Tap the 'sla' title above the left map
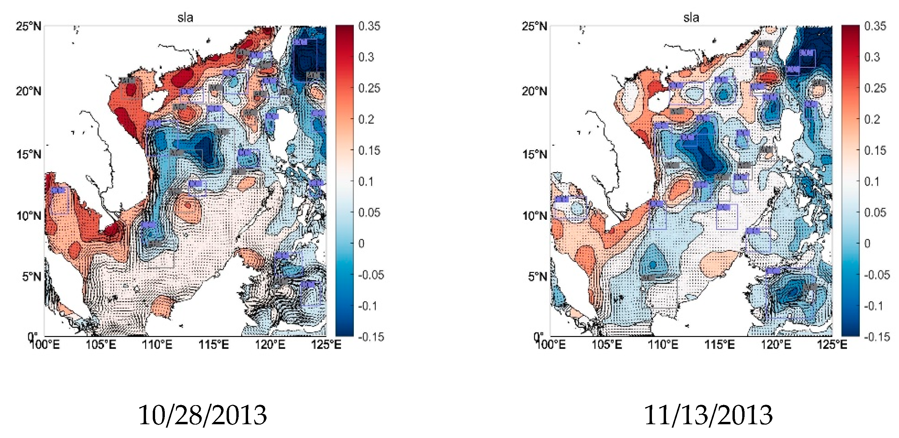(x=185, y=17)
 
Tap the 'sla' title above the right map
(x=691, y=17)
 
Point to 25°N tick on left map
(x=28, y=26)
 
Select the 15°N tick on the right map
(x=534, y=154)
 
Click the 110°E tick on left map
(x=157, y=345)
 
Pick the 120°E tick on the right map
(x=776, y=345)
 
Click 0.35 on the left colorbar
(x=369, y=26)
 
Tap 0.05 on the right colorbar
(x=875, y=212)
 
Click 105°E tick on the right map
(x=607, y=345)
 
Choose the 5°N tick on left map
(x=32, y=277)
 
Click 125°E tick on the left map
(x=326, y=345)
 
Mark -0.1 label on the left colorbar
(x=368, y=306)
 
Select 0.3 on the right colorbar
(x=872, y=57)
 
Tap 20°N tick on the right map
(x=534, y=91)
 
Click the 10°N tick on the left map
(x=28, y=216)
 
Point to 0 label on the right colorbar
(x=867, y=243)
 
